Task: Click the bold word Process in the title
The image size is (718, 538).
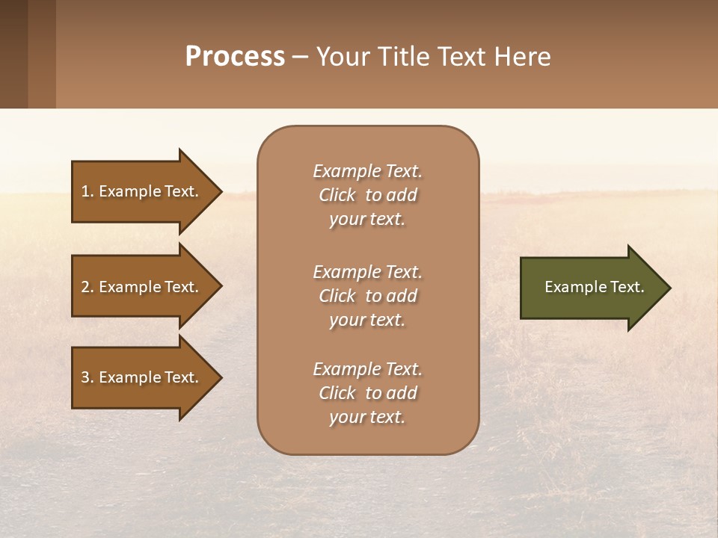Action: [235, 56]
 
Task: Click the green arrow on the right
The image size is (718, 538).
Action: [591, 287]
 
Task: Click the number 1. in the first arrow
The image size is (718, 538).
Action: [87, 191]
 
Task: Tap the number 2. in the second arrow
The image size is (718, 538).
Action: [87, 287]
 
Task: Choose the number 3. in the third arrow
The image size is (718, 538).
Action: [87, 377]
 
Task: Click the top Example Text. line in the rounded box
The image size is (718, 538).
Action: [367, 171]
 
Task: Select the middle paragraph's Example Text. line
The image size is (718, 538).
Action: [367, 272]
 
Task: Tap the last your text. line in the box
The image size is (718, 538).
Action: [367, 418]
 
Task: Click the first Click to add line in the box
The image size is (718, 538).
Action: [367, 195]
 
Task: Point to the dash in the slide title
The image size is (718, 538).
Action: [301, 58]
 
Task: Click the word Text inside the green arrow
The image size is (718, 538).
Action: [629, 287]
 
